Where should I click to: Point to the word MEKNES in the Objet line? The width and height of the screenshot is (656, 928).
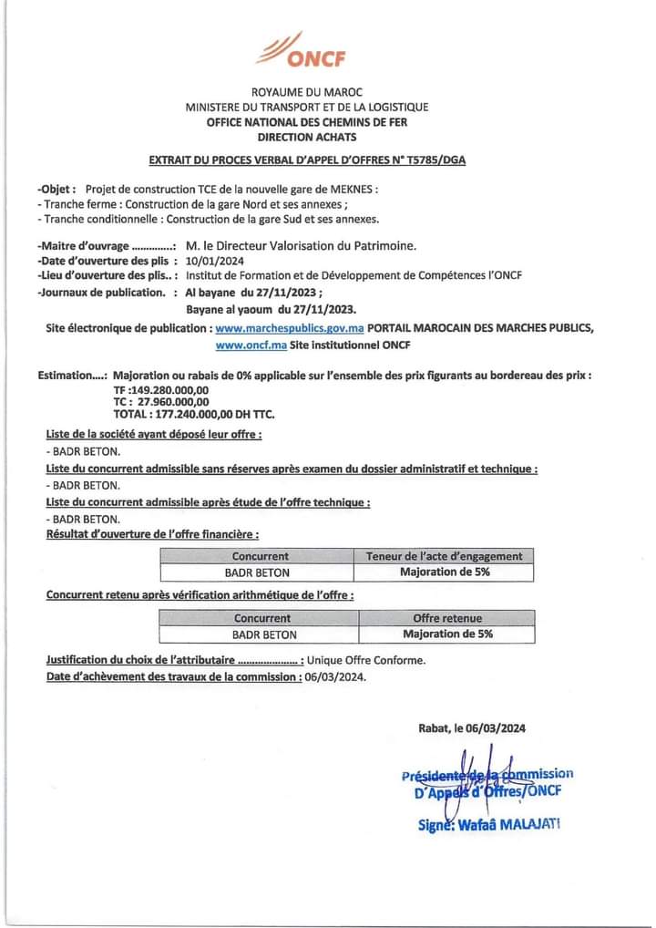tap(350, 190)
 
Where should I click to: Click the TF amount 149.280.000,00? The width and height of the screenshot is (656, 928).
tap(170, 390)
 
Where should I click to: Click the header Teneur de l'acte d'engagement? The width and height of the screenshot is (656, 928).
tap(445, 556)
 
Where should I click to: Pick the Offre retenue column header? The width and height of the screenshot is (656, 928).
tap(447, 618)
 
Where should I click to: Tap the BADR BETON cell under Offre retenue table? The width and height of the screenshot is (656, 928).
tap(260, 634)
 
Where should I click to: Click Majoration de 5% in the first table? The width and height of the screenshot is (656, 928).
tap(445, 572)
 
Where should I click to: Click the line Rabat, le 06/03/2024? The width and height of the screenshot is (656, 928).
tap(472, 728)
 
